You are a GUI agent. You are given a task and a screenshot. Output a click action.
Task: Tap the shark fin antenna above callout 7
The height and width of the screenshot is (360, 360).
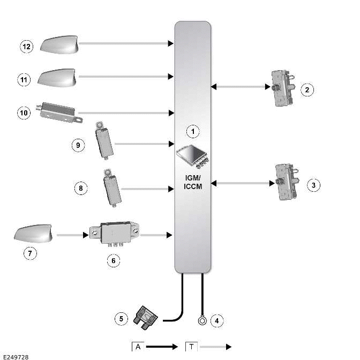click(33, 235)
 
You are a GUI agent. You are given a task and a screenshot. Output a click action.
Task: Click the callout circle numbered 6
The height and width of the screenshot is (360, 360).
click(112, 260)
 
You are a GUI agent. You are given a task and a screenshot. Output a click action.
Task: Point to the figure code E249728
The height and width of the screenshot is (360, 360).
click(16, 356)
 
